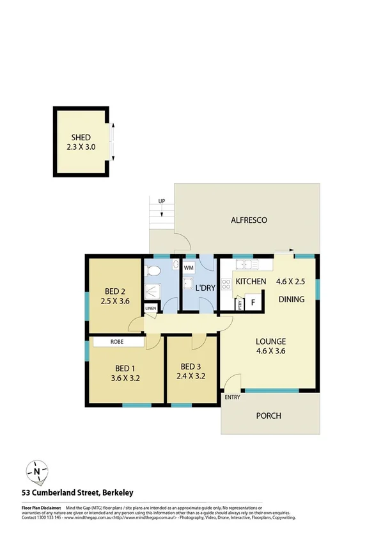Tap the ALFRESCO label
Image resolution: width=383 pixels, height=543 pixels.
[x=249, y=220]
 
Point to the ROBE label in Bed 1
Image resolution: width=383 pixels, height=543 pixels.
[x=117, y=342]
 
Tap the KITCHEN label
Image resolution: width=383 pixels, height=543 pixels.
[x=251, y=282]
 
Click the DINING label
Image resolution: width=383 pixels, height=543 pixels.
[x=291, y=299]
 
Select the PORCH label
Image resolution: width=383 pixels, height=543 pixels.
[x=269, y=416]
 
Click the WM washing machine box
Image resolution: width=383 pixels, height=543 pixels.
[x=189, y=266]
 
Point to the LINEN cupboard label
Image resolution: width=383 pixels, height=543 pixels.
[x=151, y=309]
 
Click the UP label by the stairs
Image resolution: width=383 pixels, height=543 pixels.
[x=162, y=202]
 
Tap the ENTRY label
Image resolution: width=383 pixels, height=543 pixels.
[x=231, y=398]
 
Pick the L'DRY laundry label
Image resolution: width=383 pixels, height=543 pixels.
[x=204, y=288]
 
